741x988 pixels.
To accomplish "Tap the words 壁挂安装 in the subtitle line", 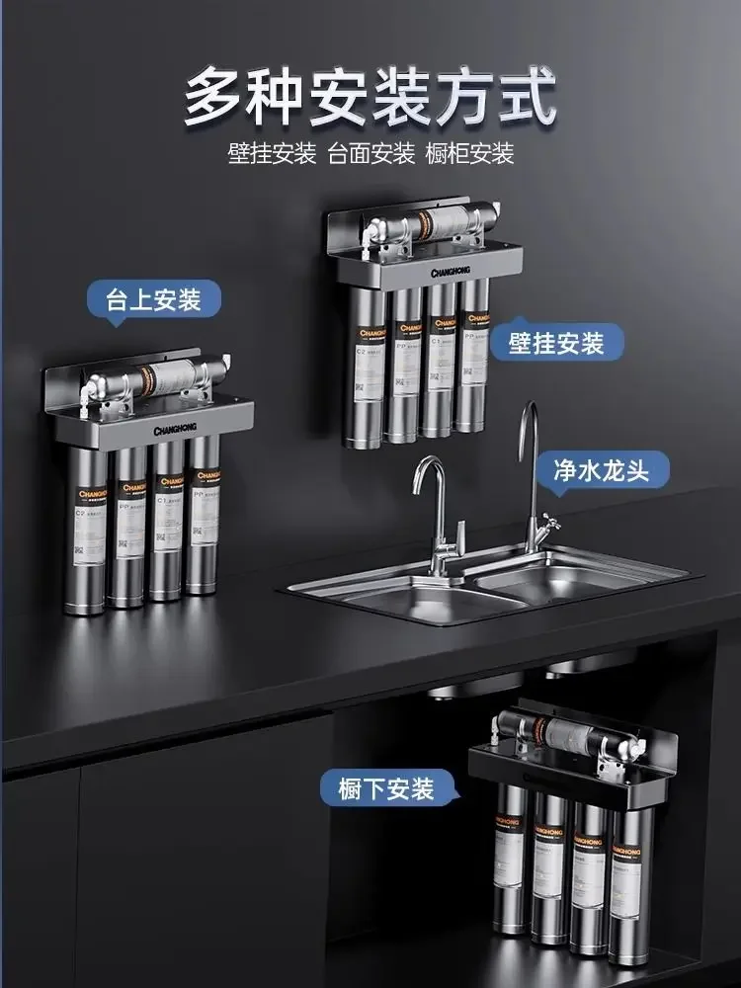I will [272, 154].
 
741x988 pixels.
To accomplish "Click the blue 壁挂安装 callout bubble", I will [556, 343].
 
